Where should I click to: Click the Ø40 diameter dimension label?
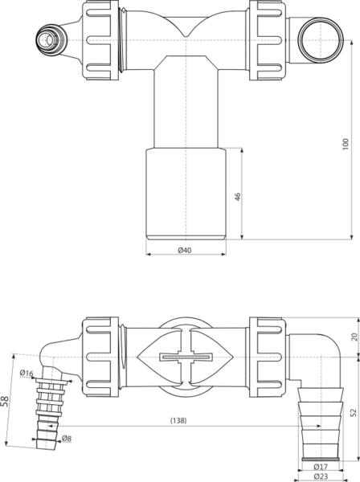click(x=185, y=250)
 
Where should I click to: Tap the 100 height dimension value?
click(x=346, y=144)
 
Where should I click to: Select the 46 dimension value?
click(x=238, y=197)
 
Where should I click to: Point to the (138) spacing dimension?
click(x=178, y=420)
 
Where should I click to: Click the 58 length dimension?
click(x=5, y=401)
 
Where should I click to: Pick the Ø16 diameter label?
click(x=27, y=374)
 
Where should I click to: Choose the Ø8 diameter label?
click(x=67, y=439)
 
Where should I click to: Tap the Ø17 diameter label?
click(x=321, y=467)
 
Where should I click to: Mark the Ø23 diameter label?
click(x=321, y=476)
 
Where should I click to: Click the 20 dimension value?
click(x=354, y=337)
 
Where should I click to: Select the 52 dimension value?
click(x=354, y=413)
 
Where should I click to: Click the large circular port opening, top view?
click(x=321, y=40)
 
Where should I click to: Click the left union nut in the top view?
click(x=100, y=40)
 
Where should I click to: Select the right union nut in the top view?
click(x=268, y=40)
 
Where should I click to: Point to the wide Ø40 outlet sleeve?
click(x=186, y=194)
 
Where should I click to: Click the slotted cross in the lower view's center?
click(x=186, y=357)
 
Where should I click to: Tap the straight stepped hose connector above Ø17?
click(x=321, y=424)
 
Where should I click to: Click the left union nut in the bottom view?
click(x=100, y=357)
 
